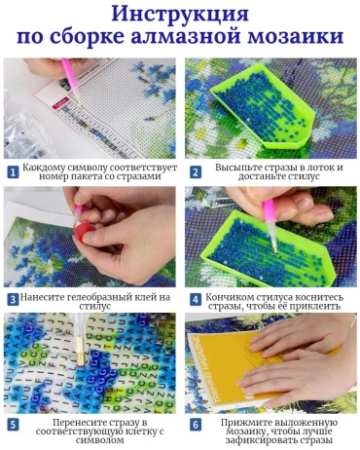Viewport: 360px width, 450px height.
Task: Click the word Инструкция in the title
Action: [180, 14]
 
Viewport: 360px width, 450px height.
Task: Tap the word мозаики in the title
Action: [295, 36]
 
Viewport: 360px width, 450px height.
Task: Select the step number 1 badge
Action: [13, 172]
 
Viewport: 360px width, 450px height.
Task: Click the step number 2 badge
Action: [196, 172]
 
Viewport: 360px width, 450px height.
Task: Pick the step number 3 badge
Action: [13, 299]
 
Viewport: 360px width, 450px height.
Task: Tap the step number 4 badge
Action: [196, 299]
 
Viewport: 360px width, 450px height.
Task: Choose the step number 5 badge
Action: [13, 426]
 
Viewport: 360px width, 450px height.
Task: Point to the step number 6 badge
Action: [196, 426]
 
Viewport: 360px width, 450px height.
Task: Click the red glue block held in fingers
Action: [83, 232]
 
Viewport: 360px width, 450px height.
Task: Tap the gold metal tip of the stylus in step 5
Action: [80, 353]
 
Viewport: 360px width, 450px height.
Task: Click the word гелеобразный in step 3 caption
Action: [99, 297]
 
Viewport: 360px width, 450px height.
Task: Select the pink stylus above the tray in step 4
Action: [270, 224]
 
